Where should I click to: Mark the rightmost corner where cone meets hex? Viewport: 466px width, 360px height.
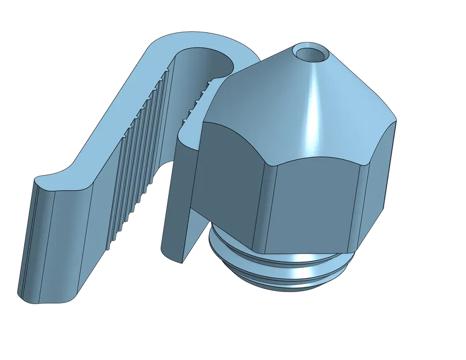coord(396,121)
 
